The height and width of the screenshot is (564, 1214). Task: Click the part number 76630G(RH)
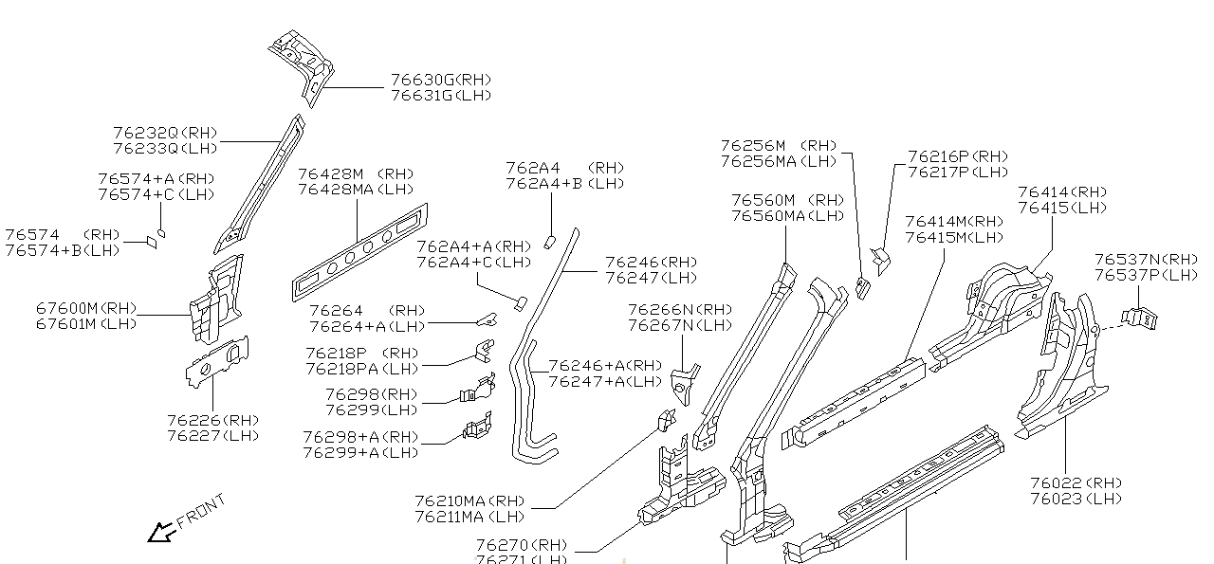pos(441,81)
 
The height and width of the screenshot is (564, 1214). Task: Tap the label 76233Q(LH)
pos(165,148)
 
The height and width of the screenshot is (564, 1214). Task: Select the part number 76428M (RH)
pos(357,174)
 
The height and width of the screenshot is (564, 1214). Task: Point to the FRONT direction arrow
pos(159,533)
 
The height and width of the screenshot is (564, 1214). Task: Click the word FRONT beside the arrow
pos(201,510)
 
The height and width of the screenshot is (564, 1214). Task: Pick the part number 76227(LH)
pos(212,436)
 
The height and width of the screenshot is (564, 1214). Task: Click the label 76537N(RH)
pos(1146,260)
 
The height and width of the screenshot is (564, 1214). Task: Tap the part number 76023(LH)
pos(1075,499)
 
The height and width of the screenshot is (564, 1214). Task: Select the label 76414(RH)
pos(1062,192)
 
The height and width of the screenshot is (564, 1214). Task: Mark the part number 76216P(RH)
pos(958,156)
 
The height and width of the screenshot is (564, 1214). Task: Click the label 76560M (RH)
pos(787,201)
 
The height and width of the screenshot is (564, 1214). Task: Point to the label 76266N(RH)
pos(680,310)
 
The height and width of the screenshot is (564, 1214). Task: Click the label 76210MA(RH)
pos(469,500)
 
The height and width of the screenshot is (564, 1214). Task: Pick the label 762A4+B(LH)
pos(565,183)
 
